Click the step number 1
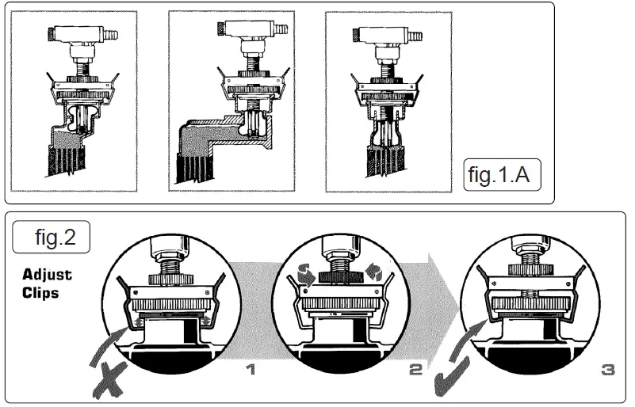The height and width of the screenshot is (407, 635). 251,368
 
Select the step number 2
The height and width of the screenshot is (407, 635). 416,368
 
